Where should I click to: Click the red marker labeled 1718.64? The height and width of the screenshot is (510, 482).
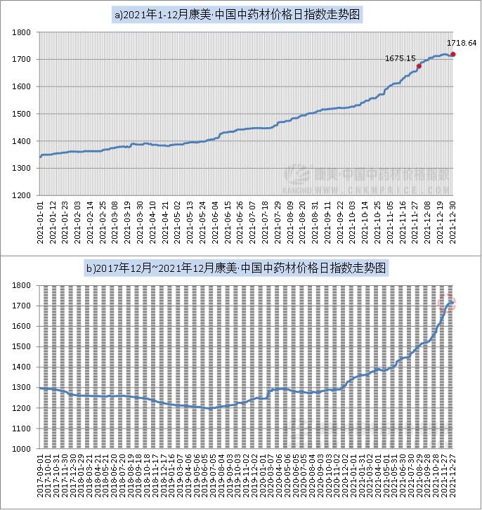coord(453,54)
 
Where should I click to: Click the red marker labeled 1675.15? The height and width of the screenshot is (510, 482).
coord(419,66)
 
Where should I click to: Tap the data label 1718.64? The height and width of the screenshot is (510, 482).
coord(462,44)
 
